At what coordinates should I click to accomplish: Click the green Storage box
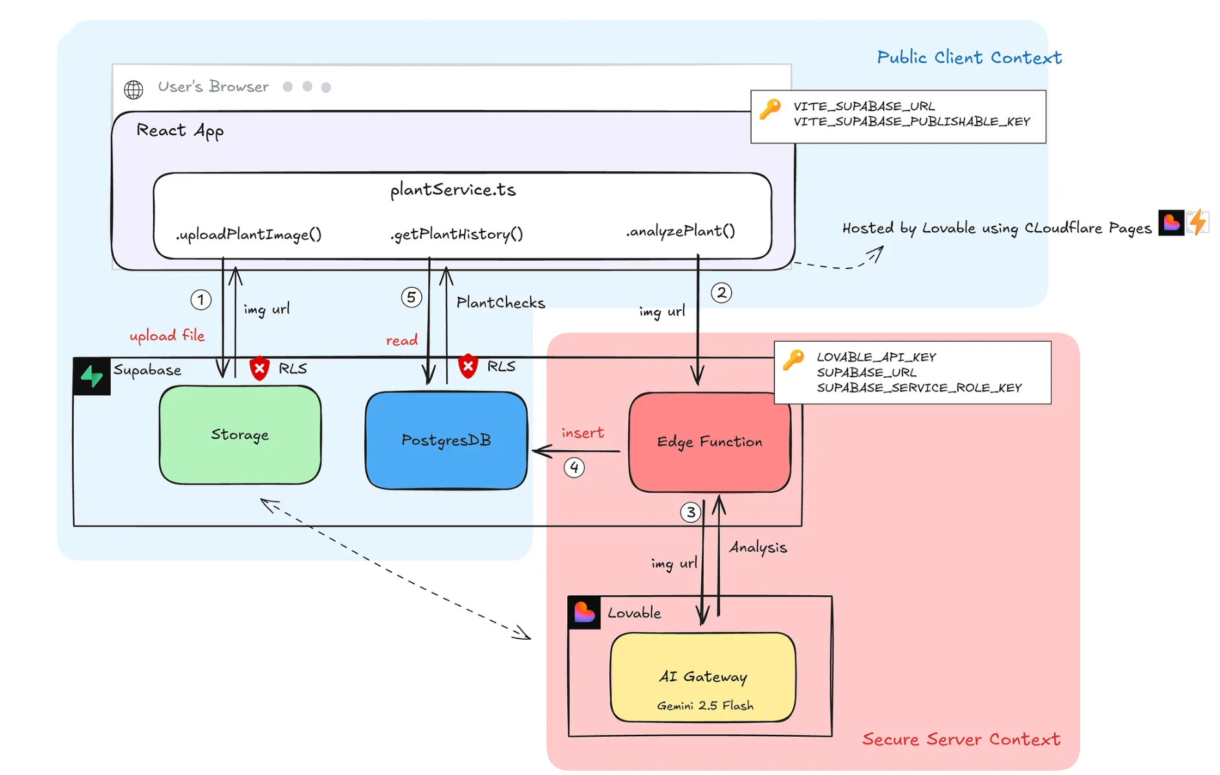[x=240, y=435]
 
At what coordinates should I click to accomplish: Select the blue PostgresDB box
[x=446, y=441]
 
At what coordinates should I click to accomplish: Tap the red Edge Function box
[x=709, y=442]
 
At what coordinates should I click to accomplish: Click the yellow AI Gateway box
[x=703, y=677]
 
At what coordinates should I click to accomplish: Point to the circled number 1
[x=201, y=300]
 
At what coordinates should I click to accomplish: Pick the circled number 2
[x=721, y=292]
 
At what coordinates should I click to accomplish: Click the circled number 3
[x=690, y=512]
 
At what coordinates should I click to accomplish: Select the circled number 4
[x=574, y=467]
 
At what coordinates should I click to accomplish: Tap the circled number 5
[x=411, y=297]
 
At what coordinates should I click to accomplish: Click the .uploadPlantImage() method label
[x=248, y=234]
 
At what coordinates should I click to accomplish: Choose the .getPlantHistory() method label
[x=457, y=234]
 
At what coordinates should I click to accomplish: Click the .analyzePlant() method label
[x=680, y=231]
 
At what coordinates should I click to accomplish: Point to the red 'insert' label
[x=582, y=433]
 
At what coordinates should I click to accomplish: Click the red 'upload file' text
[x=167, y=335]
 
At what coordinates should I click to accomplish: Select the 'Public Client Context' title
[x=968, y=58]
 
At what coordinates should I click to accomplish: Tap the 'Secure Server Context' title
[x=961, y=739]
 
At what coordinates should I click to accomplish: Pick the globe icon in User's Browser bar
[x=134, y=89]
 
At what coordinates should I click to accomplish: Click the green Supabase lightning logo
[x=92, y=376]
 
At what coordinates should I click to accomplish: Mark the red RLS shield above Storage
[x=259, y=368]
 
